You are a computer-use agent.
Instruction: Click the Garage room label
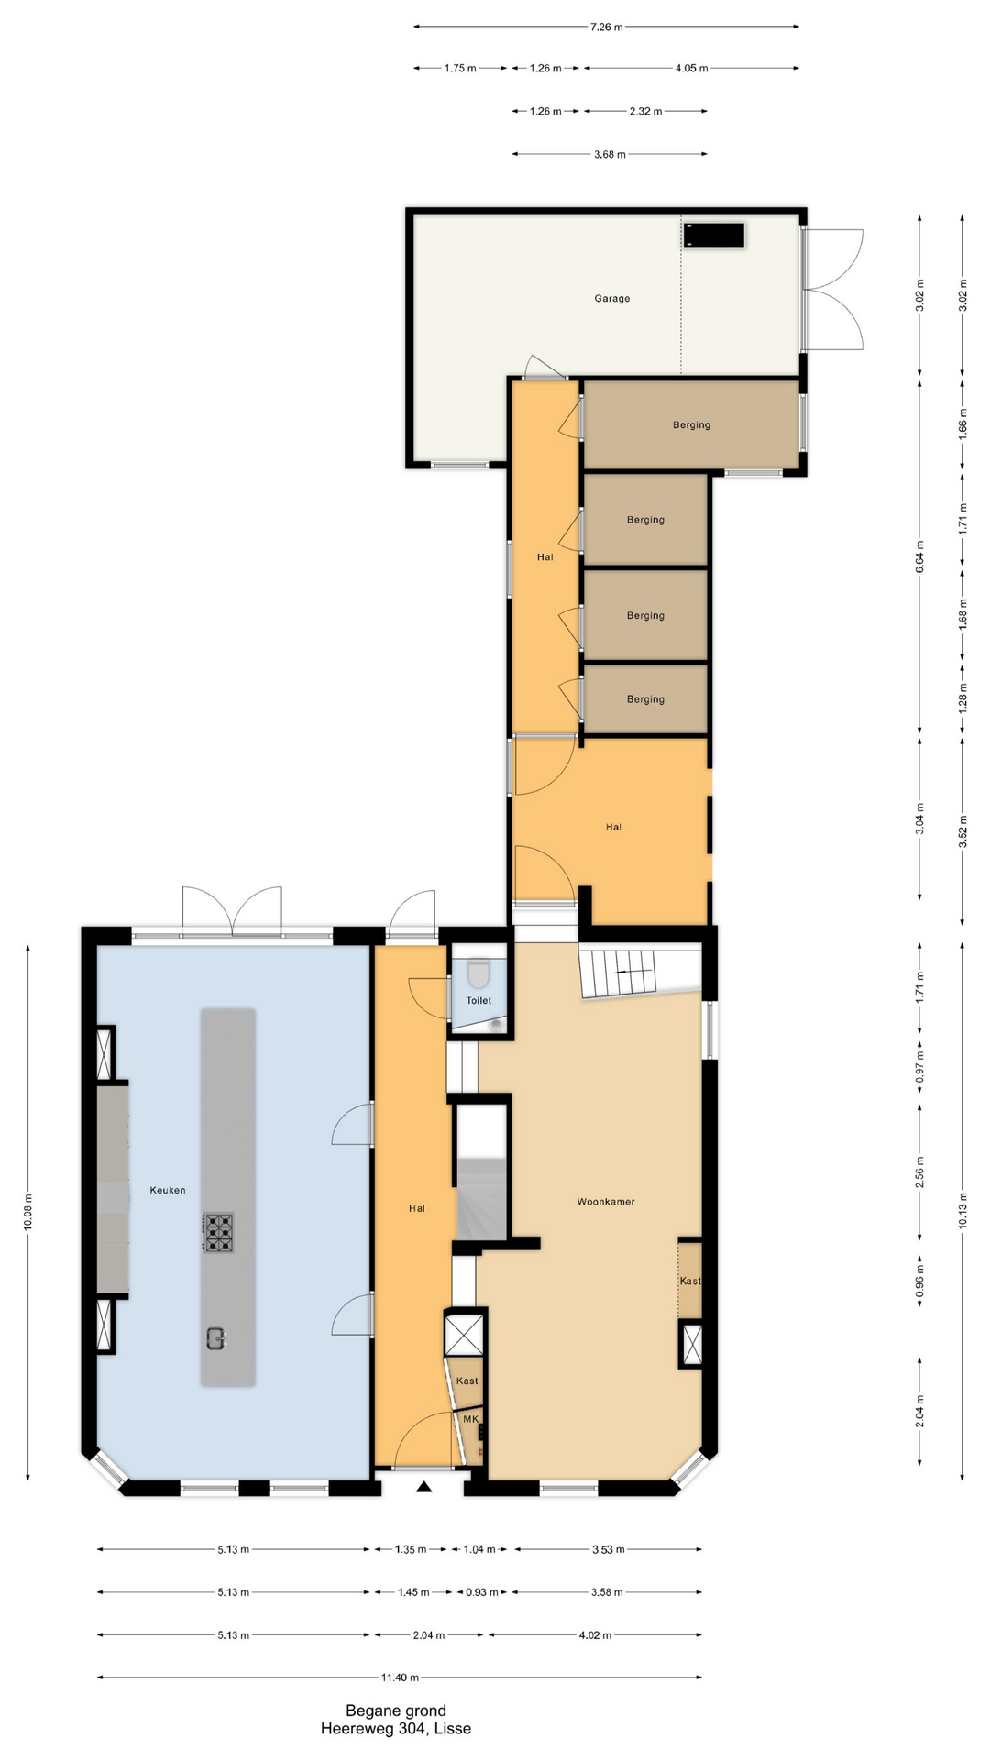coord(611,298)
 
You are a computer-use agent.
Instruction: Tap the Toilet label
coord(478,1000)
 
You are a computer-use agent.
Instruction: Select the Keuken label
coord(168,1190)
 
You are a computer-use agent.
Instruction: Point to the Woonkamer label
coord(606,1201)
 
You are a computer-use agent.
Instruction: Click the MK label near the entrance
coord(471,1419)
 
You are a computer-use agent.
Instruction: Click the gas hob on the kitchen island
coord(218,1233)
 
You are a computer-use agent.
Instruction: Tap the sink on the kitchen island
coord(217,1338)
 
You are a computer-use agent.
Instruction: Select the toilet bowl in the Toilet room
coord(478,971)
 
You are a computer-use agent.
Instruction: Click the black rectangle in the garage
coord(714,236)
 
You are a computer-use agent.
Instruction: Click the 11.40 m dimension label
coord(401,1677)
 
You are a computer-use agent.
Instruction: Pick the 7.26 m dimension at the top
coord(606,27)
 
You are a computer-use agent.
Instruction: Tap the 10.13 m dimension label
coord(962,1209)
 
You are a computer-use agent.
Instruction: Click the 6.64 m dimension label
coord(919,557)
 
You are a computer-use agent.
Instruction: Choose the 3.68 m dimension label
coord(610,154)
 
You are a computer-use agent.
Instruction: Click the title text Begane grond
coord(396,1710)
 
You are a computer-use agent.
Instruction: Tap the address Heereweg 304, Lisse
coord(396,1729)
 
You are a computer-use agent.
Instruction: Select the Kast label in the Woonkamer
coord(690,1281)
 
